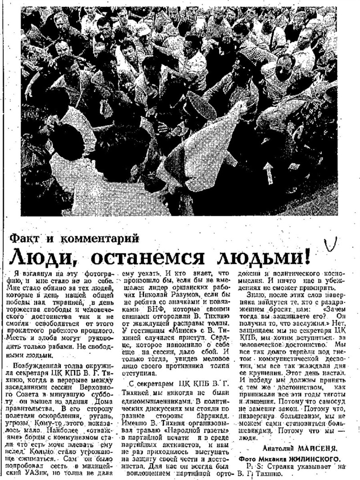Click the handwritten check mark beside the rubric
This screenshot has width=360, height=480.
pos(333,244)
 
